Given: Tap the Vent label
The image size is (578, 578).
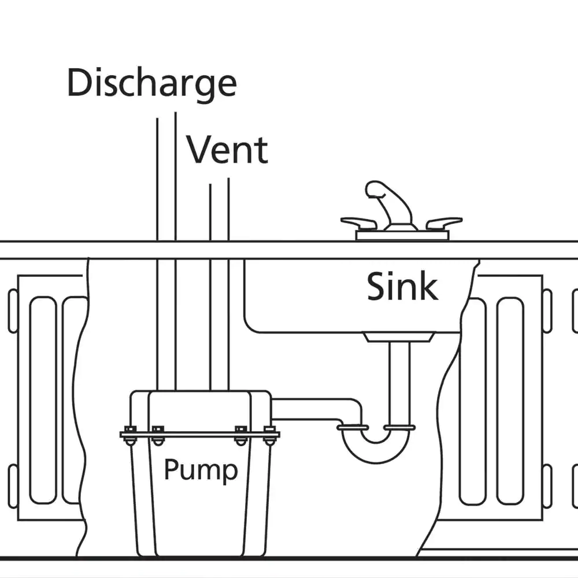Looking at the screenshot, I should [227, 150].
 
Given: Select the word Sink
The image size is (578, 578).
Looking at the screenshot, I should [402, 287].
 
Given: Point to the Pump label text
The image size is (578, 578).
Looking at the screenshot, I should [201, 469].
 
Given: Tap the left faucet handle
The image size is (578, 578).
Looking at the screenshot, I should [359, 223].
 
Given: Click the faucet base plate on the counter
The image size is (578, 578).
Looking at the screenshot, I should [402, 235].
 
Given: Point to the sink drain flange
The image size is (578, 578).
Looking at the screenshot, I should [399, 336].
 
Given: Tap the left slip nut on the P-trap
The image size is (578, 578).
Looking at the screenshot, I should [353, 428].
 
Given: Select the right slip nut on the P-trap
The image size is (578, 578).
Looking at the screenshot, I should [399, 428].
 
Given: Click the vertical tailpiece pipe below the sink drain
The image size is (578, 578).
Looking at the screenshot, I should [399, 381].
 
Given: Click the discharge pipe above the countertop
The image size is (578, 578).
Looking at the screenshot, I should [166, 179].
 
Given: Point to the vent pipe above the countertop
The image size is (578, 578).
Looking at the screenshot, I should [219, 211].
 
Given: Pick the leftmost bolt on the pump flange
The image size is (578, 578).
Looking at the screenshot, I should [130, 435].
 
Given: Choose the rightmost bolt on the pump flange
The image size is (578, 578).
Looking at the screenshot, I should [269, 435].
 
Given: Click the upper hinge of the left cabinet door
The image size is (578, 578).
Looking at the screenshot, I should [13, 311].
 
